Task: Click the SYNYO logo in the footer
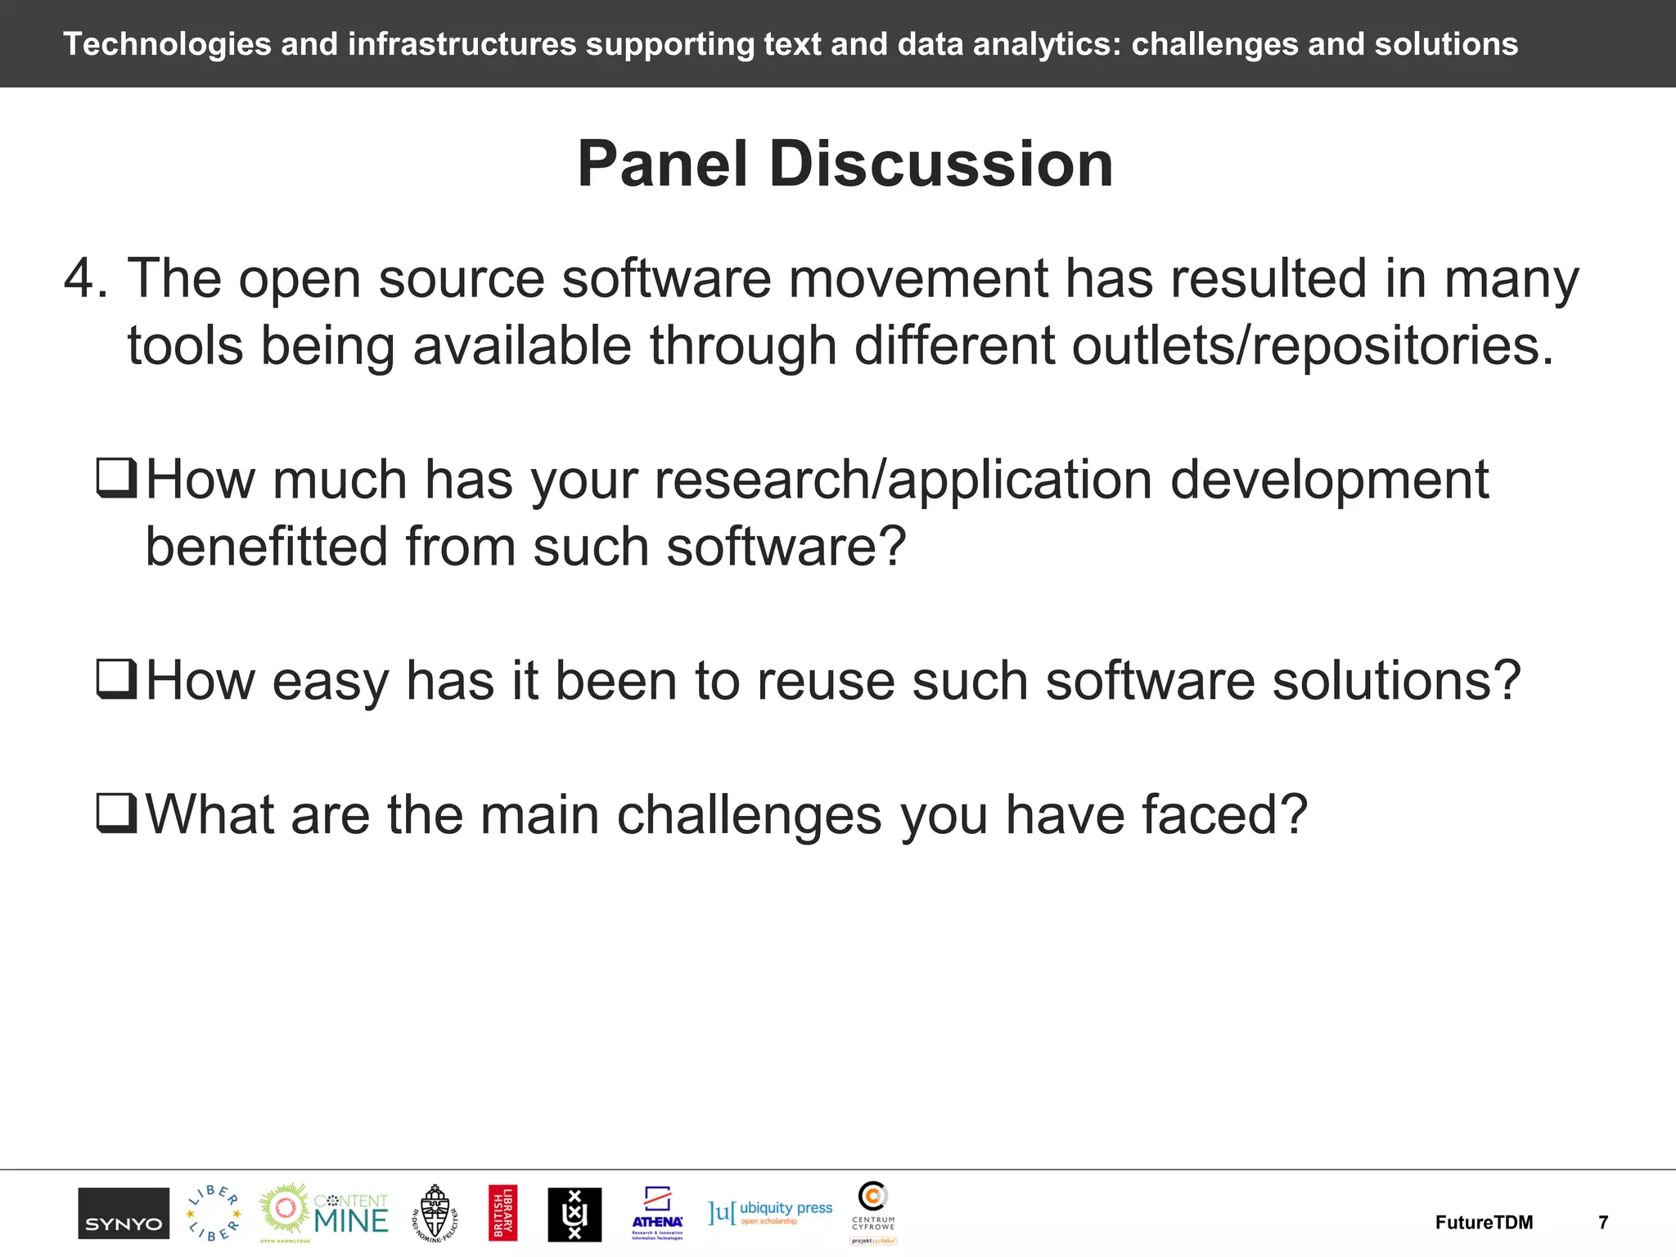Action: click(x=124, y=1213)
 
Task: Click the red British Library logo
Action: click(x=502, y=1213)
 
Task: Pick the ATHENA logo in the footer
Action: click(x=657, y=1213)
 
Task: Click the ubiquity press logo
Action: click(x=770, y=1212)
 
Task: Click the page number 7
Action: click(x=1603, y=1223)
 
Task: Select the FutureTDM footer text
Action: click(x=1484, y=1223)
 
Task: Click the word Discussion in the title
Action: click(x=941, y=164)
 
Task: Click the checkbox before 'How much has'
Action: click(x=116, y=478)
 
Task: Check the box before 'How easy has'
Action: click(x=116, y=679)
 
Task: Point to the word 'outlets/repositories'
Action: click(x=1312, y=345)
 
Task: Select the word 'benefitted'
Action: click(x=266, y=546)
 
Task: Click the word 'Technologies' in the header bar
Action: click(x=167, y=44)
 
